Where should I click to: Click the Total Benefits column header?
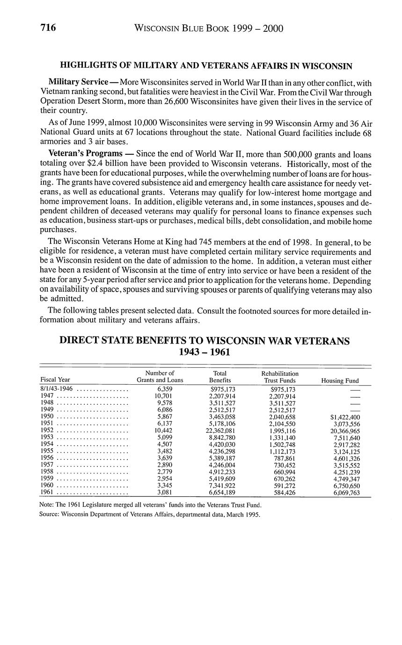point(219,377)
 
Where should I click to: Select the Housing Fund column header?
point(340,381)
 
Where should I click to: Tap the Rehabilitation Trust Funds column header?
point(280,377)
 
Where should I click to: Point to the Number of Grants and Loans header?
point(160,377)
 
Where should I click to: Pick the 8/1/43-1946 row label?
point(57,389)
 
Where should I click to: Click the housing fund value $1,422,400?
point(344,417)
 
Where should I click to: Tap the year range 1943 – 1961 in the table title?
point(205,352)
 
